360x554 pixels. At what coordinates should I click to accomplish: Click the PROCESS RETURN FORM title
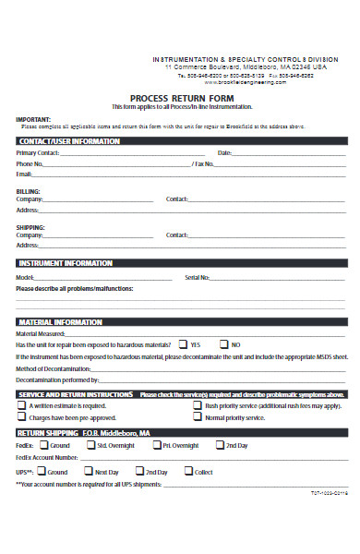coord(182,98)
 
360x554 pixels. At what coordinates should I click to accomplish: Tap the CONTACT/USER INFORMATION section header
coord(69,141)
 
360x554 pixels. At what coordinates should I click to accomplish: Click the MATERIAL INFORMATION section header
coord(60,322)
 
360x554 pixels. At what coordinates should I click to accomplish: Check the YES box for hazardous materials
coord(183,344)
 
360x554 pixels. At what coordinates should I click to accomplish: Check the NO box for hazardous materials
coord(222,344)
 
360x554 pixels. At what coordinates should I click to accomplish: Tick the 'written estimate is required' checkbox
coord(21,405)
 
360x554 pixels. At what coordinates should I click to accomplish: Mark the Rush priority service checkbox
coord(198,405)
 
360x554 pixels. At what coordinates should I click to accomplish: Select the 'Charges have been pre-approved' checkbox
coord(21,417)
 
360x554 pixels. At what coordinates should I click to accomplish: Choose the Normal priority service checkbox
coord(198,417)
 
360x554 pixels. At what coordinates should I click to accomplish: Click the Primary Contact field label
coord(38,152)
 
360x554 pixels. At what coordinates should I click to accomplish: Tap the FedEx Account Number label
coord(47,456)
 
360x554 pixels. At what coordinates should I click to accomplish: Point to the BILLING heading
coord(28,191)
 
